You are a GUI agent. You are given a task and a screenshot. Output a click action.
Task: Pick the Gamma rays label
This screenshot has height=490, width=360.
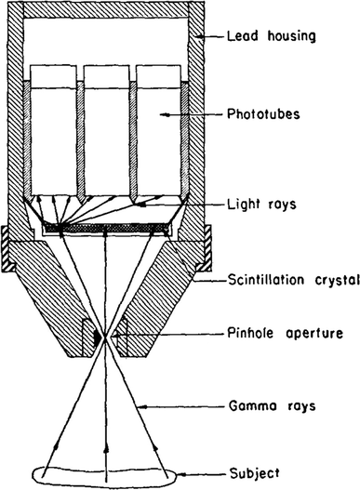pos(270,407)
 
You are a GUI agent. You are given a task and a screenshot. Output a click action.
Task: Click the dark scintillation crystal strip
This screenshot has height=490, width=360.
pos(106,225)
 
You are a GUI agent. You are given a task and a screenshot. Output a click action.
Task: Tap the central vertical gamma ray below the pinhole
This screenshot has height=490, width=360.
pos(106,409)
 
